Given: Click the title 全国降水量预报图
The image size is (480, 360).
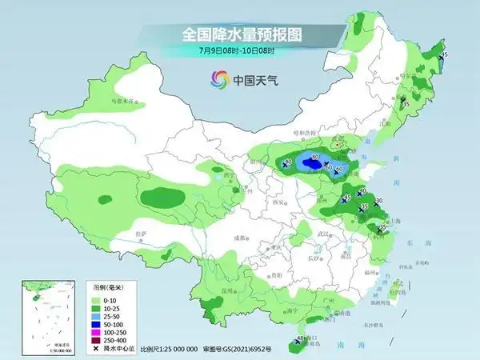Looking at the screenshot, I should (x=239, y=34).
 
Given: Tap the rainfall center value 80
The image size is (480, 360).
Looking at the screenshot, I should (x=316, y=158).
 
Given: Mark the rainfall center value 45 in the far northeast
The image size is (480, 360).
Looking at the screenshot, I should (x=445, y=54).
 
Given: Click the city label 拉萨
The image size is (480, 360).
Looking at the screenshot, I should (x=142, y=233).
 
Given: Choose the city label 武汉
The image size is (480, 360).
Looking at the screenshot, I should (x=322, y=233).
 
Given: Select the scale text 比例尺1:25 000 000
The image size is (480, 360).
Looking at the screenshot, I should (x=168, y=350).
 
